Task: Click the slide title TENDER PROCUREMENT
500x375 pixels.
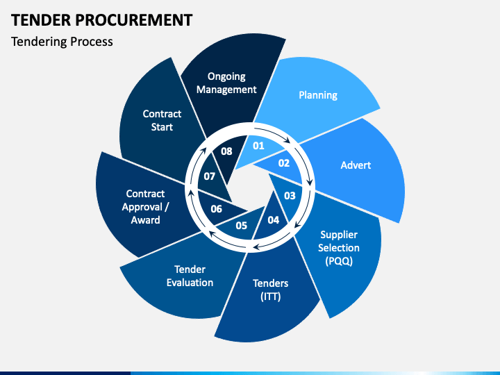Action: coord(101,20)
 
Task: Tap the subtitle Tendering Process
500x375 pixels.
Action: coord(62,42)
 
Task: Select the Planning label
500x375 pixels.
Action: coord(318,95)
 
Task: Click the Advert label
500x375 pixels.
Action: coord(356,165)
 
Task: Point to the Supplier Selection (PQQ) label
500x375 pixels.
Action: coord(339,248)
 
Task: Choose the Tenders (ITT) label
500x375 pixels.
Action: coord(270,290)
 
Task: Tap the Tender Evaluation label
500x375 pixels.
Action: coord(190,276)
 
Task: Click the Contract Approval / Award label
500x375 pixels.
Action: coord(145,207)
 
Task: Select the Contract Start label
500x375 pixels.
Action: coord(162,120)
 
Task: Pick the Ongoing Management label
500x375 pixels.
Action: coord(226,83)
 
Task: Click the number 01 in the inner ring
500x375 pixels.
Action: coord(258,146)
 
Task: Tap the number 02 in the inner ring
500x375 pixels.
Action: coord(284,163)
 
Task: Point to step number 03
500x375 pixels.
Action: coord(290,196)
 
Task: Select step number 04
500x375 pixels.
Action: coord(274,220)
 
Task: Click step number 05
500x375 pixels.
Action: coord(242,226)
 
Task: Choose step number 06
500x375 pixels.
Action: coord(216,209)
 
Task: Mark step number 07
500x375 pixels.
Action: coord(210,176)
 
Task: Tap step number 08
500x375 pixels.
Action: coord(226,151)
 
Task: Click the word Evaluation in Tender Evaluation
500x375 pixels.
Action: coord(190,283)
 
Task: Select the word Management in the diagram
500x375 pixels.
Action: coord(226,90)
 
